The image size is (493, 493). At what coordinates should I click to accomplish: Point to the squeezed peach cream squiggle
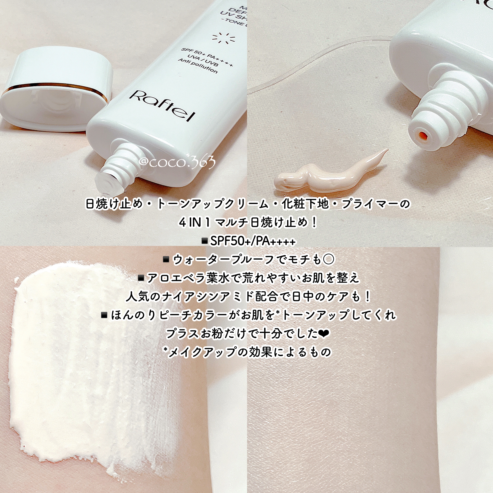(x=329, y=174)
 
